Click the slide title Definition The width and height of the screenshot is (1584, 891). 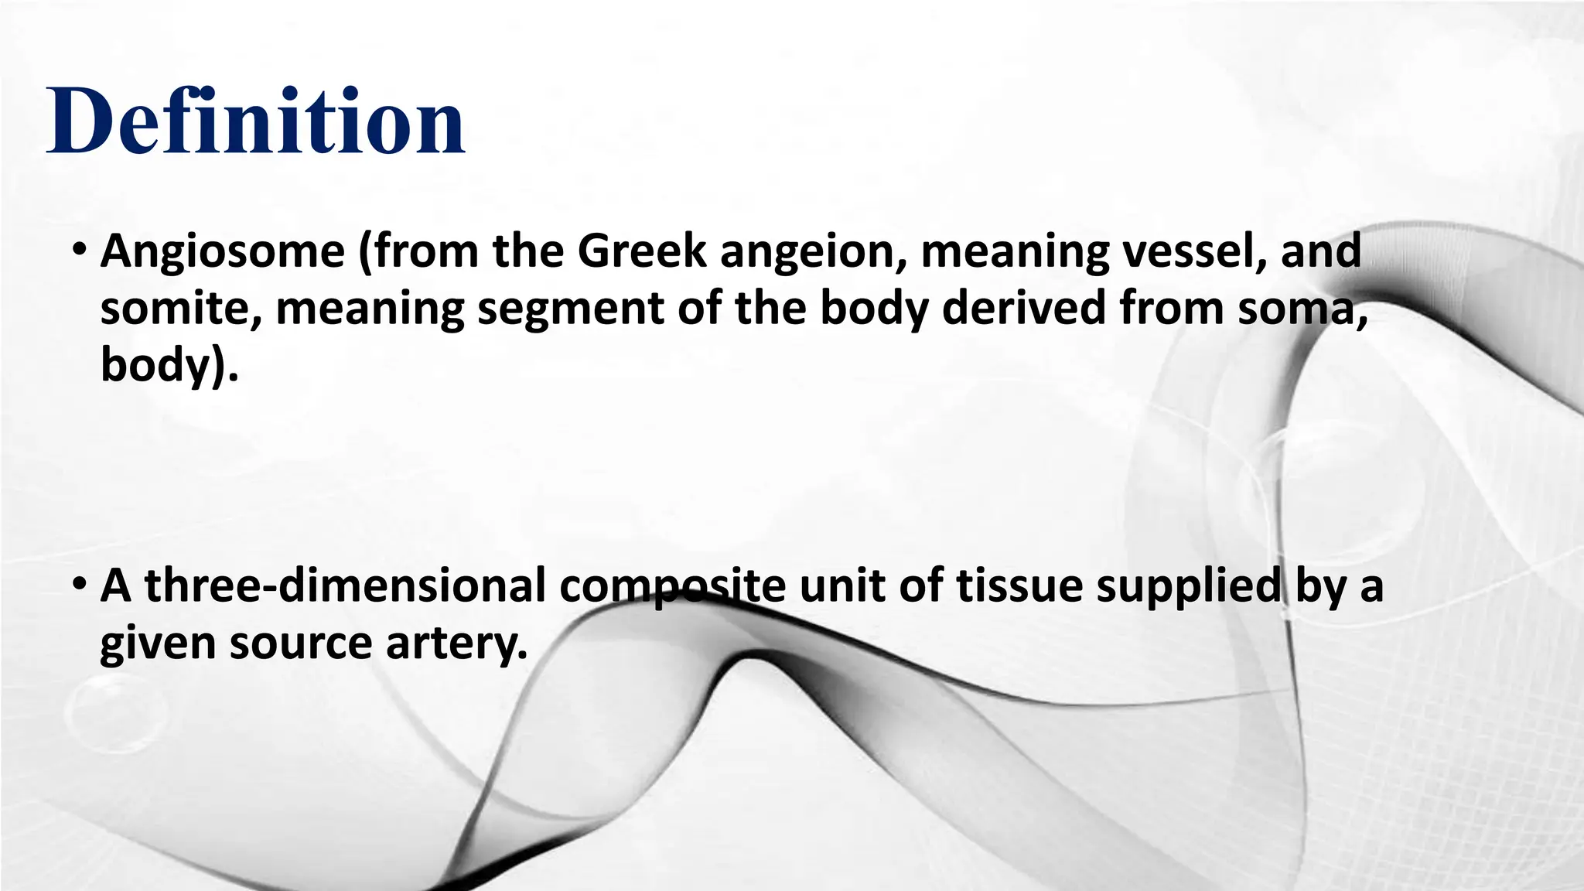(x=256, y=122)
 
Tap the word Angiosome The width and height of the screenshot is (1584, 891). (x=223, y=252)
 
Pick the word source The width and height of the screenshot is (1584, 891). (x=301, y=643)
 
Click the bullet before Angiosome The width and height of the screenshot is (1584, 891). (x=80, y=252)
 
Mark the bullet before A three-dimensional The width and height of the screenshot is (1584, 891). (x=80, y=587)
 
